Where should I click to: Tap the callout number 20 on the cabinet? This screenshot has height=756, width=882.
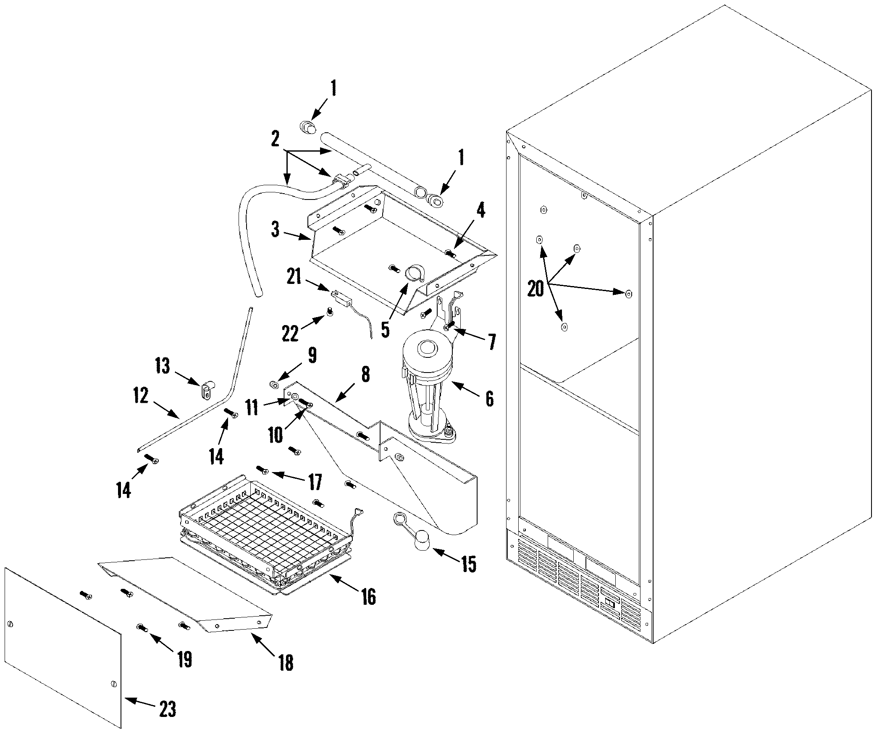535,288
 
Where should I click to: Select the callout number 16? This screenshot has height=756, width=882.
369,596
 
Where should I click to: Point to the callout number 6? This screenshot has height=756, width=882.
490,399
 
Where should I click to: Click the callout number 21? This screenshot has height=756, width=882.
294,277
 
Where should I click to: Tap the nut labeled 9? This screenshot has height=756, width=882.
275,386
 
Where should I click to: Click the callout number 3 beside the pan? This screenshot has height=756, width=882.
276,230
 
